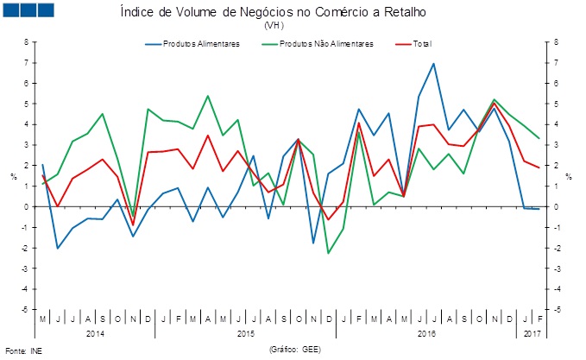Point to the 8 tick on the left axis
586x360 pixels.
point(25,42)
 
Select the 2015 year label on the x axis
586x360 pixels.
point(245,332)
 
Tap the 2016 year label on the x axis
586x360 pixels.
point(426,332)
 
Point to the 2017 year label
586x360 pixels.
point(533,332)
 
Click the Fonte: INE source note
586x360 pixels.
point(23,351)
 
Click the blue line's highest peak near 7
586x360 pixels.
point(433,63)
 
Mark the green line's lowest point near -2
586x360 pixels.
point(328,253)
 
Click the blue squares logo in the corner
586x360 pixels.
point(28,11)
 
